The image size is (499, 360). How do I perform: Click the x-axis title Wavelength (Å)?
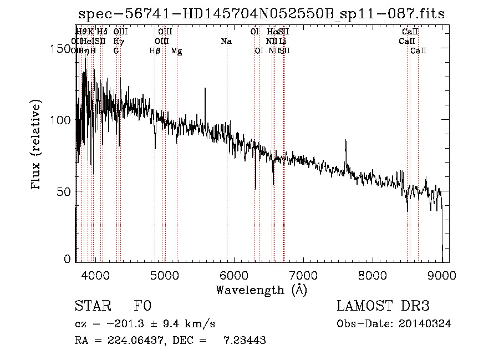click(261, 290)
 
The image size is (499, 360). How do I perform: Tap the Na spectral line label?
click(226, 42)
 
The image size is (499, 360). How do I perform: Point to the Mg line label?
click(176, 51)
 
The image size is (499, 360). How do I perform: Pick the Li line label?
click(283, 42)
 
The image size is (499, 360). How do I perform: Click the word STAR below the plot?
click(93, 306)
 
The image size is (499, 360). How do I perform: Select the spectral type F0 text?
click(142, 306)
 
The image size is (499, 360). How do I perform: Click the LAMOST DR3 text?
click(383, 306)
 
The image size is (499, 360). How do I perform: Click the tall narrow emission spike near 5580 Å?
click(205, 90)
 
